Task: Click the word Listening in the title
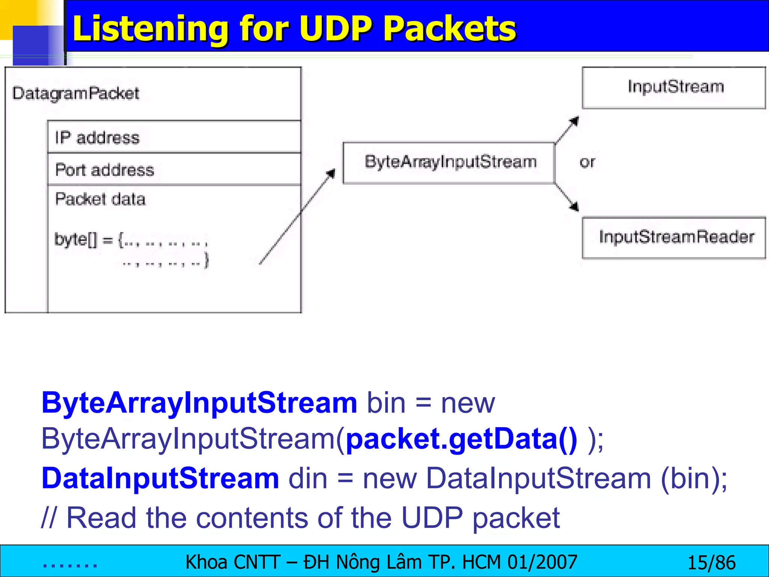(x=150, y=29)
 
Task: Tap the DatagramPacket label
(x=75, y=93)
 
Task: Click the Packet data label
(x=100, y=199)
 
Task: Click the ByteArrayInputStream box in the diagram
(x=449, y=162)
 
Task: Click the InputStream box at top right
(x=674, y=87)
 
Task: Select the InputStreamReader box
(x=674, y=237)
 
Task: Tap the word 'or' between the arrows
(x=587, y=162)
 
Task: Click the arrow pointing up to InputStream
(x=567, y=130)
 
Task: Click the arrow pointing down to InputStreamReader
(x=567, y=197)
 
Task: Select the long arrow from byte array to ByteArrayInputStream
(x=297, y=217)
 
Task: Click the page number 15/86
(x=711, y=563)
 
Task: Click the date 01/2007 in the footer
(x=542, y=562)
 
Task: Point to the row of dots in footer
(x=70, y=565)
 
